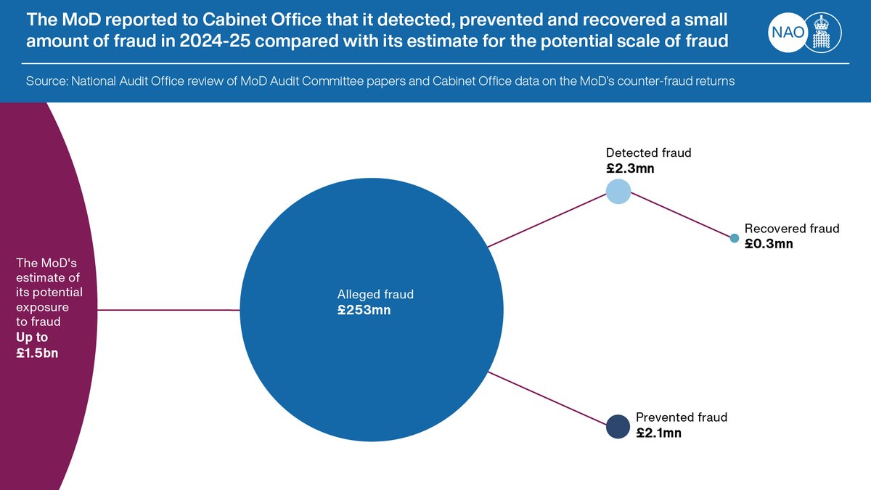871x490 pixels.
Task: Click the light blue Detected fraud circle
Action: pos(618,192)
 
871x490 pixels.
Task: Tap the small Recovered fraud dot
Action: pos(734,238)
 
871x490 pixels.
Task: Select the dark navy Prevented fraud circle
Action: pos(618,426)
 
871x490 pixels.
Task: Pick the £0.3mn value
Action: pos(769,244)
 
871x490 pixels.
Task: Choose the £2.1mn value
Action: pos(658,433)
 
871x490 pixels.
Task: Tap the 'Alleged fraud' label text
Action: pos(375,295)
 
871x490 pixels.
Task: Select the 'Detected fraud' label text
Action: pos(649,152)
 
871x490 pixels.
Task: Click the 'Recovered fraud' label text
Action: pos(792,229)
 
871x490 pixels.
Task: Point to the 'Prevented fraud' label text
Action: pos(681,417)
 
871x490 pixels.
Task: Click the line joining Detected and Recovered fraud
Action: pos(679,216)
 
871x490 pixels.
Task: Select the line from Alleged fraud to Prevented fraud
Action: pos(548,399)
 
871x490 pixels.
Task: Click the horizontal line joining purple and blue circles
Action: pos(167,310)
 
